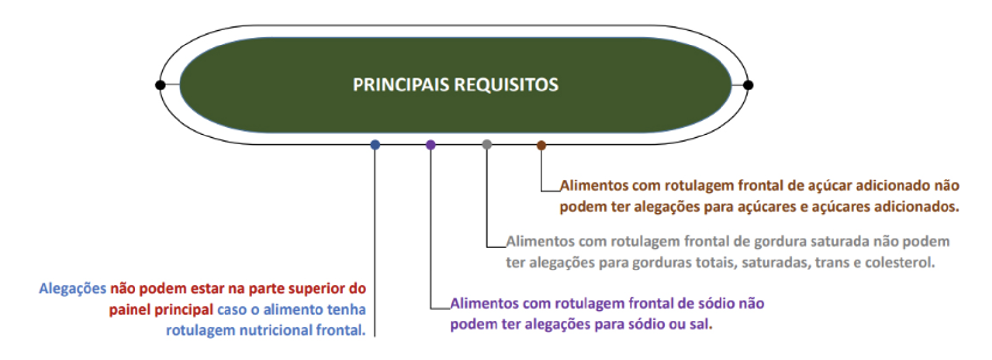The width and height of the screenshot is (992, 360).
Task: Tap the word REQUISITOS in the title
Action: pyautogui.click(x=506, y=85)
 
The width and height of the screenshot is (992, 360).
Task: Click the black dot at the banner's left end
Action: pyautogui.click(x=160, y=85)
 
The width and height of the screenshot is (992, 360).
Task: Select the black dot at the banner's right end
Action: pyautogui.click(x=748, y=85)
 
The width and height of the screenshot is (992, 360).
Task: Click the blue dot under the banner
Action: pyautogui.click(x=375, y=145)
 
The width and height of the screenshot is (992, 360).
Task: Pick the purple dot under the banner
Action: pyautogui.click(x=431, y=145)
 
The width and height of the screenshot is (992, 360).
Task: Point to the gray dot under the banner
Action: pyautogui.click(x=487, y=144)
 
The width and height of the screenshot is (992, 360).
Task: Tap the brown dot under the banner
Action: pyautogui.click(x=541, y=145)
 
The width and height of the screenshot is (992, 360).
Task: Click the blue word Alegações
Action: pyautogui.click(x=73, y=289)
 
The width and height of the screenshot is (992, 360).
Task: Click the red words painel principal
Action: pyautogui.click(x=161, y=310)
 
